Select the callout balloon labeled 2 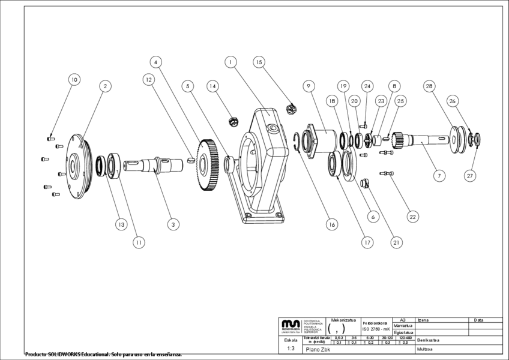[x=104, y=86]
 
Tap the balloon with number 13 [x=122, y=224]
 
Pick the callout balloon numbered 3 [x=173, y=224]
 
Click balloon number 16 [x=331, y=224]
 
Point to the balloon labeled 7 [x=439, y=176]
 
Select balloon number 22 [x=412, y=216]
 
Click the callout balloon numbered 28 [x=429, y=86]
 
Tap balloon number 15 [x=259, y=62]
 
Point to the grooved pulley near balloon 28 [x=459, y=139]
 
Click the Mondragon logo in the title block [x=291, y=325]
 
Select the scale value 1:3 [x=291, y=348]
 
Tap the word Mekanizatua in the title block [x=343, y=320]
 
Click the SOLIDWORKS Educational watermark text [x=103, y=355]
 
